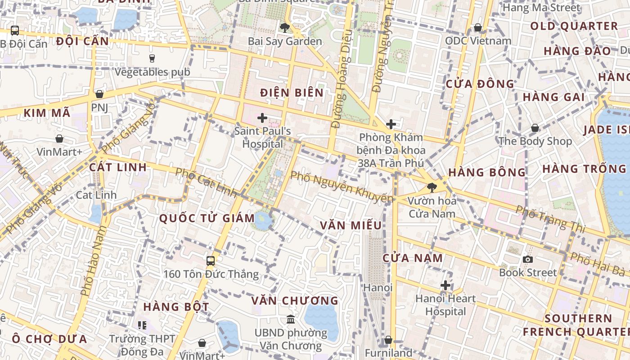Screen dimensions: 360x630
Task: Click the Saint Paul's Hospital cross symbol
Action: [x=262, y=118]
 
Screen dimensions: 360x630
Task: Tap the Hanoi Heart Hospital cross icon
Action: [x=445, y=285]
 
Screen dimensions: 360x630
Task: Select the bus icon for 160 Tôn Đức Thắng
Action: [x=210, y=261]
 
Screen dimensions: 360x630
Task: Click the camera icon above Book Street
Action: [x=528, y=259]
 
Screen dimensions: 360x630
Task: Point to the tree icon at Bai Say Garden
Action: [x=284, y=28]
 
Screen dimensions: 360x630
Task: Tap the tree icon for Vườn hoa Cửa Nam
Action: [x=432, y=187]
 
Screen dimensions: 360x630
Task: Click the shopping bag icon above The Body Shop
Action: [x=535, y=128]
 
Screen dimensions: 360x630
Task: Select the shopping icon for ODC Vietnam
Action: [x=478, y=28]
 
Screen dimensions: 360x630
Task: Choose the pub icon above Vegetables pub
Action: [x=152, y=58]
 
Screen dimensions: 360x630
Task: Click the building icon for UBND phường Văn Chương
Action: [x=291, y=319]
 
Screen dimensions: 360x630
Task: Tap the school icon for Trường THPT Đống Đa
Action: [x=142, y=325]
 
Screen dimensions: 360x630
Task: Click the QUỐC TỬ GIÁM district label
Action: [x=207, y=218]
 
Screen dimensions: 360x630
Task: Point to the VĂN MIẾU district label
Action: [x=351, y=225]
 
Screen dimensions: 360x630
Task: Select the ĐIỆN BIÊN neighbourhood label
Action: [x=292, y=93]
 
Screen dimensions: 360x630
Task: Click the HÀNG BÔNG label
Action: [x=487, y=172]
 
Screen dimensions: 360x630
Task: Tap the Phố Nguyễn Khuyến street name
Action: [x=342, y=186]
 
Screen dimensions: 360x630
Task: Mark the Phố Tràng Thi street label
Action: [x=550, y=219]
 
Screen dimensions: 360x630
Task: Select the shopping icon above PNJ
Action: [x=99, y=94]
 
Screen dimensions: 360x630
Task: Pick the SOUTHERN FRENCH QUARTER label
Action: [x=578, y=325]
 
